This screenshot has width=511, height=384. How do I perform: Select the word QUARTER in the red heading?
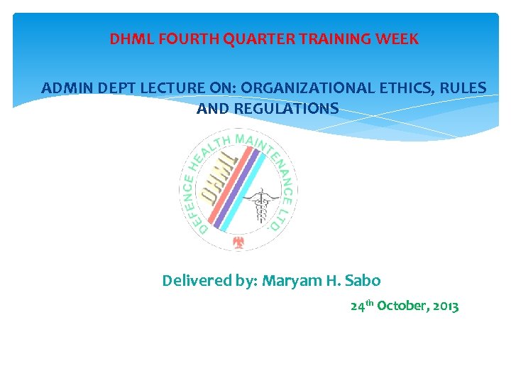pyautogui.click(x=258, y=39)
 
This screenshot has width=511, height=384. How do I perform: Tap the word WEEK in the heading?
pyautogui.click(x=399, y=39)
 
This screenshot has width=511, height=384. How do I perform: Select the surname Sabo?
pyautogui.click(x=362, y=281)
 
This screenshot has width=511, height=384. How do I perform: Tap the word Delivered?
pyautogui.click(x=195, y=281)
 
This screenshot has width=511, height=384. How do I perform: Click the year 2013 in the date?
pyautogui.click(x=444, y=306)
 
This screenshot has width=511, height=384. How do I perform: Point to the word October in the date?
pyautogui.click(x=402, y=306)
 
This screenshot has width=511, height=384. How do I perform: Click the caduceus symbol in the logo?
pyautogui.click(x=263, y=206)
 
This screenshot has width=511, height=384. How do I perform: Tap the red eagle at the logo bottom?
pyautogui.click(x=239, y=244)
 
